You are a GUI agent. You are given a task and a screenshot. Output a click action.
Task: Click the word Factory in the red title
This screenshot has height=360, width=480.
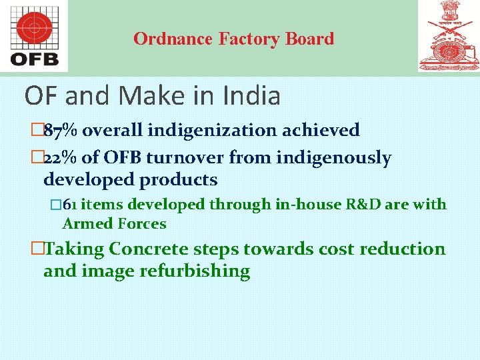click(250, 39)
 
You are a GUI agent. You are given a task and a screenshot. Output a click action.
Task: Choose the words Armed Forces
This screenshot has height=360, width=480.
click(114, 223)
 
